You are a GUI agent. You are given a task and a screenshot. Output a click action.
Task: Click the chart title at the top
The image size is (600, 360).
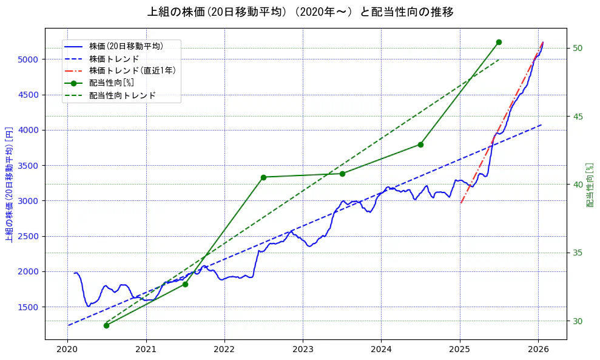coord(300,12)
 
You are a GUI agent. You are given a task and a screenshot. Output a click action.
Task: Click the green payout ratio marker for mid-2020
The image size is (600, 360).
coord(106,325)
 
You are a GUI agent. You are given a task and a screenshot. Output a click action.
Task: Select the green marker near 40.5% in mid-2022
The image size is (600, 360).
coord(263,177)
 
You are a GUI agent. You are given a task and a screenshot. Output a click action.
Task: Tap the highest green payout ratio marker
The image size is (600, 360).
coord(499,42)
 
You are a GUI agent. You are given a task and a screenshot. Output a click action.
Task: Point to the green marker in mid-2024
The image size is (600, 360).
coord(420,144)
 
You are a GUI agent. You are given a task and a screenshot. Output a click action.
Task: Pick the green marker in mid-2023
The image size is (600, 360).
coord(342,174)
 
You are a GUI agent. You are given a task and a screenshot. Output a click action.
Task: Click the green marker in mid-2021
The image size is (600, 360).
coord(185,284)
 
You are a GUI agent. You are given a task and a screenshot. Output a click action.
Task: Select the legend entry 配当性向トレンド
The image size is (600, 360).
coord(122,95)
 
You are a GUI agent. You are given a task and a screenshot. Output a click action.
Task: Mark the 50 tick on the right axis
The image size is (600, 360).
coord(577,48)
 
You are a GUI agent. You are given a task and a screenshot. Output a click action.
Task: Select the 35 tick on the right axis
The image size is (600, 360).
coord(577,253)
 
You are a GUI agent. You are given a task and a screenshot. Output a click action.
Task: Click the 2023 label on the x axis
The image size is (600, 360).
coord(303,349)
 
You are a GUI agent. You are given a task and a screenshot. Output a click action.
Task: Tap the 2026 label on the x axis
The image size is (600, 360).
coord(538,349)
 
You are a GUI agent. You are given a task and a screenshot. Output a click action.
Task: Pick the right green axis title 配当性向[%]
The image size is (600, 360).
coord(590,184)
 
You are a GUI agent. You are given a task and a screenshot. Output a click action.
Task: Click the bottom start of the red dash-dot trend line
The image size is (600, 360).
coord(460,203)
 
